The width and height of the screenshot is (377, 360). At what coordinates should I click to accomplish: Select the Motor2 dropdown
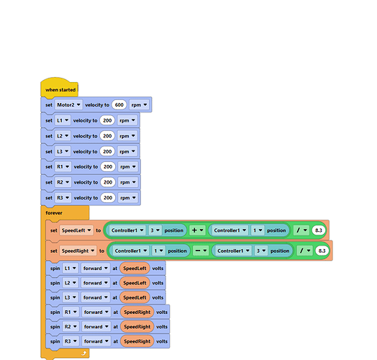[x=68, y=105]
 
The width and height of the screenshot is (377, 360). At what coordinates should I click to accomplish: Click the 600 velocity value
[x=119, y=105]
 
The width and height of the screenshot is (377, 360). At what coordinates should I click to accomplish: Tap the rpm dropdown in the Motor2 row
[x=139, y=105]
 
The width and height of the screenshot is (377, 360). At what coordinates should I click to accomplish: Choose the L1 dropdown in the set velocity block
[x=63, y=120]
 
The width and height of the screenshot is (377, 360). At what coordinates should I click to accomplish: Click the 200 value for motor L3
[x=107, y=151]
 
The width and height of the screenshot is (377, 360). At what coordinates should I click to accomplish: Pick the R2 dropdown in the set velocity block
[x=63, y=182]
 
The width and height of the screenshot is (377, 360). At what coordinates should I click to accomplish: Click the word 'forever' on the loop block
[x=54, y=212]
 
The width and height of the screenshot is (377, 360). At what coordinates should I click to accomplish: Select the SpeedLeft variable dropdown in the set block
[x=76, y=230]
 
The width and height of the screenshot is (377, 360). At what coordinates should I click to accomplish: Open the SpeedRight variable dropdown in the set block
[x=78, y=251]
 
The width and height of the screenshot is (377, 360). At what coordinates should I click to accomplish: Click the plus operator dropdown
[x=197, y=230]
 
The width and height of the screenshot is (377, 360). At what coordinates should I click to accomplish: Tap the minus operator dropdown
[x=201, y=251]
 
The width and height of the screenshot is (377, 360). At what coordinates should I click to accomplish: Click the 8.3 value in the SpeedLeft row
[x=319, y=230]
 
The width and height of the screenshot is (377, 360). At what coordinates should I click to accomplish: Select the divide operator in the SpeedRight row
[x=304, y=251]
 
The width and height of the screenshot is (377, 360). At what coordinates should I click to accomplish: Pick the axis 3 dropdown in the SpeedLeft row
[x=155, y=230]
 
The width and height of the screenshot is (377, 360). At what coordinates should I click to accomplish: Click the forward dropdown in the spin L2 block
[x=95, y=283]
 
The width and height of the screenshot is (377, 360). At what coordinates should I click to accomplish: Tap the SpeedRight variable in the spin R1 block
[x=137, y=312]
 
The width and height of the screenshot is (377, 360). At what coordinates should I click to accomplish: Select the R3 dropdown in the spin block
[x=71, y=341]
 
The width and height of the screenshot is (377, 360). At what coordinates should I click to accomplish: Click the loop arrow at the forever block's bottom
[x=84, y=354]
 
